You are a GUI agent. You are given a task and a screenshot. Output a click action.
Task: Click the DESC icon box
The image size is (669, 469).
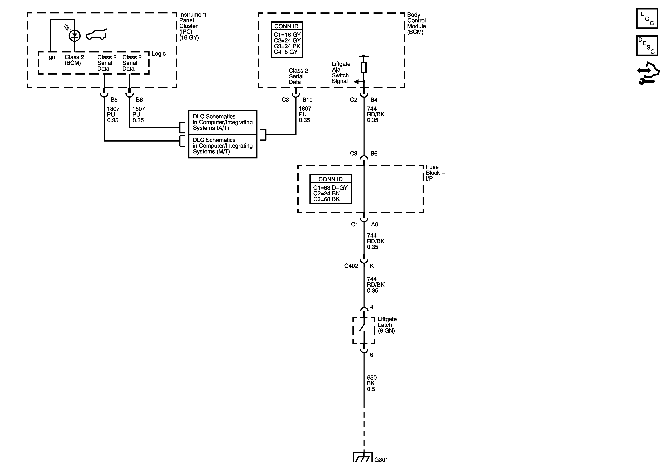[647, 45]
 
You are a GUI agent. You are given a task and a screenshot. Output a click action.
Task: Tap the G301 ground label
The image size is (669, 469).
[381, 460]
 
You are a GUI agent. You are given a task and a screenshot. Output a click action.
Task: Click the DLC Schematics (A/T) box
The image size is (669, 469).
[223, 122]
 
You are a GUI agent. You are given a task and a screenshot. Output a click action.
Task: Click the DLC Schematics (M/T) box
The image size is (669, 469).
[223, 146]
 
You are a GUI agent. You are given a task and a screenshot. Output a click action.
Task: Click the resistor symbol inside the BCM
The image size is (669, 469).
[364, 67]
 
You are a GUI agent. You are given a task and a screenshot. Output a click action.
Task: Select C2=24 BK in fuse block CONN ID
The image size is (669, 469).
[326, 194]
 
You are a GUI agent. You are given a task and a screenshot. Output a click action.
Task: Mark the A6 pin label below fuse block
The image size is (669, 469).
[374, 224]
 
